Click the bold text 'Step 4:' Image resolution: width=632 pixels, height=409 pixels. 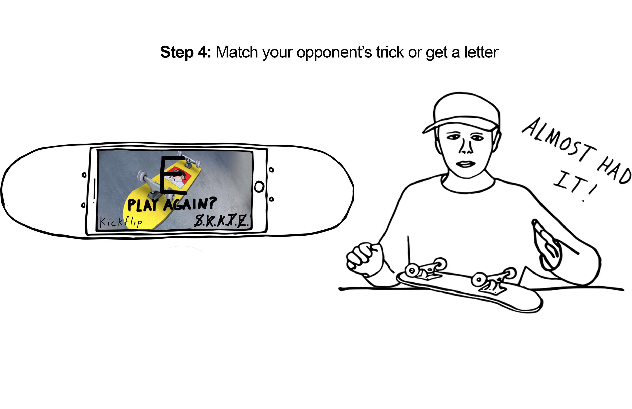(x=185, y=52)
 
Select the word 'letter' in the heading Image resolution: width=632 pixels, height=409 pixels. (x=481, y=52)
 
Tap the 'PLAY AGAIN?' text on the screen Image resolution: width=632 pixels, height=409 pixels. (x=172, y=204)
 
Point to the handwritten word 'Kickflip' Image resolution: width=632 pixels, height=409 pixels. (x=121, y=222)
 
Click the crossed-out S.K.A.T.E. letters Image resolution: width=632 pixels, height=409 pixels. (x=221, y=221)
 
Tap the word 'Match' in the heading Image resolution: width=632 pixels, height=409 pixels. (x=237, y=52)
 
